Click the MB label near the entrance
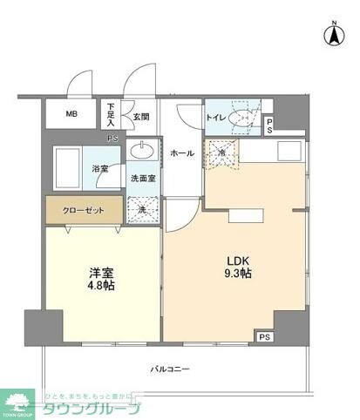71,114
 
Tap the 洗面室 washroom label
143,179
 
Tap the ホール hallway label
182,152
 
